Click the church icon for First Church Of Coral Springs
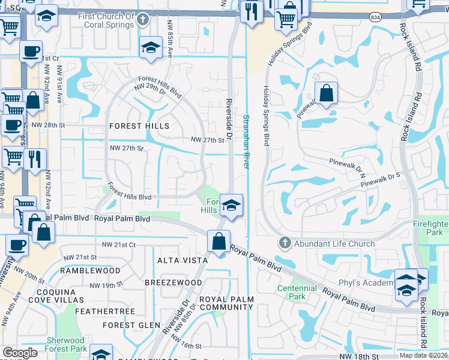(142, 20)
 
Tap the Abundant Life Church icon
(285, 243)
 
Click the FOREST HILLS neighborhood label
(139, 126)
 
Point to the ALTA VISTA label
(182, 260)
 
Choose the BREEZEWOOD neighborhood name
(173, 282)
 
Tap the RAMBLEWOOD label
(91, 271)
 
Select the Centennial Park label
(297, 292)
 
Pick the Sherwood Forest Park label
(66, 344)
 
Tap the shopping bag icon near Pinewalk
(326, 94)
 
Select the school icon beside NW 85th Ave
(151, 48)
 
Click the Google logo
(20, 353)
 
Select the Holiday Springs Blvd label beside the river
(265, 114)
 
